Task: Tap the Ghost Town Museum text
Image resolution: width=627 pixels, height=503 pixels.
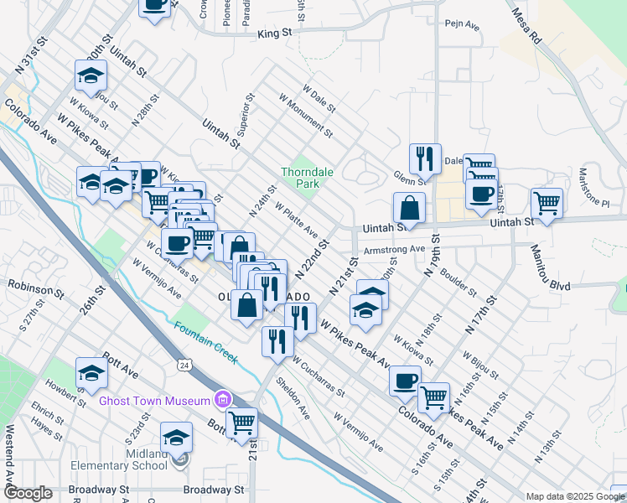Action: [x=156, y=401]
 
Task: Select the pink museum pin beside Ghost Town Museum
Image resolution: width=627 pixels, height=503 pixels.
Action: [x=222, y=398]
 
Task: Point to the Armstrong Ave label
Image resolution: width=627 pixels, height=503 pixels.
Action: [x=395, y=250]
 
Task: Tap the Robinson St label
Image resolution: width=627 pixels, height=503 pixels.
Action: [x=37, y=290]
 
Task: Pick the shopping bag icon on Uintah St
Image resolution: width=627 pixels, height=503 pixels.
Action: [x=409, y=206]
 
